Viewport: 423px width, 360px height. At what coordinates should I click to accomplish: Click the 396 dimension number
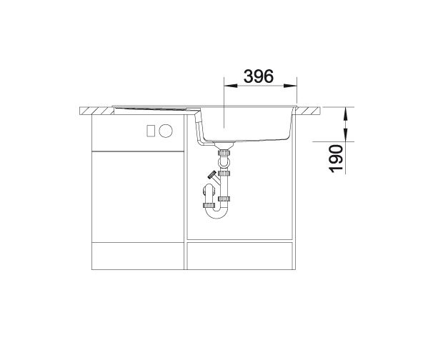[x=259, y=76]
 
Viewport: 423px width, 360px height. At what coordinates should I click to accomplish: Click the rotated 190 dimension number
[x=336, y=159]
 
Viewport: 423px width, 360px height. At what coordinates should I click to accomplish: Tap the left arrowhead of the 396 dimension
[x=231, y=86]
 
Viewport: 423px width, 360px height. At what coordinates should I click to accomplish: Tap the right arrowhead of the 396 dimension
[x=290, y=86]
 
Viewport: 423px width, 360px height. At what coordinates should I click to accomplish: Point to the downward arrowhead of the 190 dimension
[x=346, y=135]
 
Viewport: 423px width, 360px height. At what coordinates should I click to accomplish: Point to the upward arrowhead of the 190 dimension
[x=346, y=114]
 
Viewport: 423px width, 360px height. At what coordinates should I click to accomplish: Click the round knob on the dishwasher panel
[x=166, y=131]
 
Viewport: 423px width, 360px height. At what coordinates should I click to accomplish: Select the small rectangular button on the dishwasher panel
[x=151, y=131]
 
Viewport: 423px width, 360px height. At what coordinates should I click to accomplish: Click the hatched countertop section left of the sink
[x=97, y=111]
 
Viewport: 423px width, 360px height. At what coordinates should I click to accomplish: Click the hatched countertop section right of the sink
[x=308, y=111]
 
